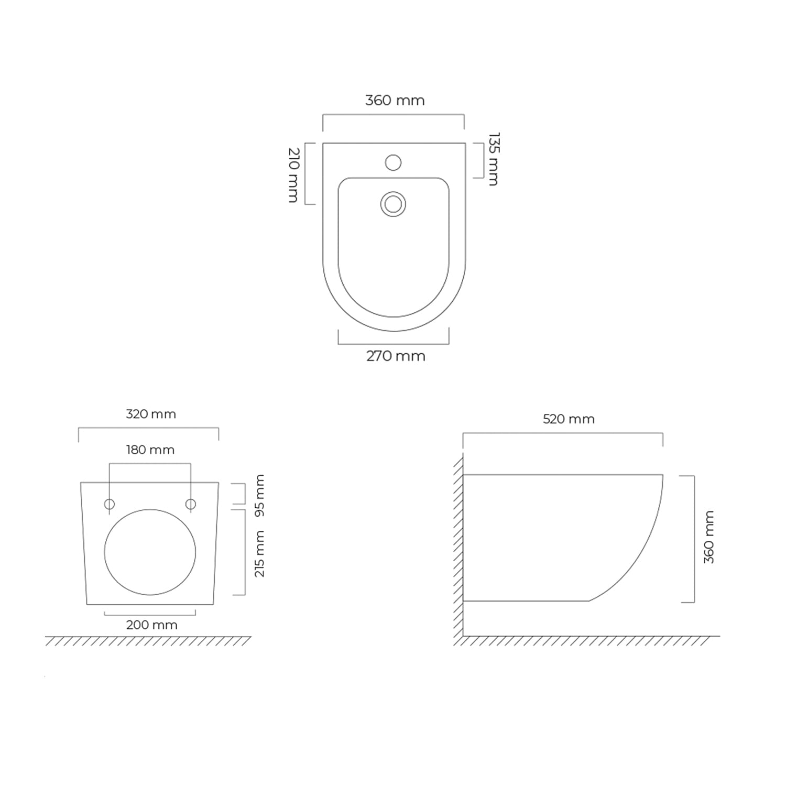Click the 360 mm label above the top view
point(395,100)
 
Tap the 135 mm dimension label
point(494,159)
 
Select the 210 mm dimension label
point(293,175)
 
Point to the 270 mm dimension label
point(396,356)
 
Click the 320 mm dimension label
point(151,414)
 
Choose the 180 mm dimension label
point(150,450)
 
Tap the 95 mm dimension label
point(259,495)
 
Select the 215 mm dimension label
point(259,554)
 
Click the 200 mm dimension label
point(152,625)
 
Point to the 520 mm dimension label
point(569,419)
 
